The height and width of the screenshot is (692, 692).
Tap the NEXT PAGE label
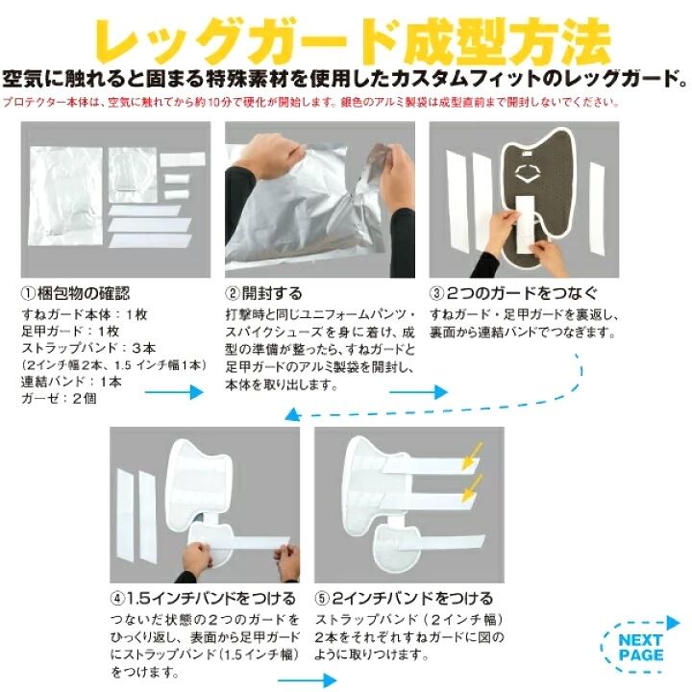[641, 648]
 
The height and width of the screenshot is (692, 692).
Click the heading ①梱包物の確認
[76, 293]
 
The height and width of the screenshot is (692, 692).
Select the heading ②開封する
[263, 293]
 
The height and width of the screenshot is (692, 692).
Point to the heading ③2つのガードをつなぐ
[513, 293]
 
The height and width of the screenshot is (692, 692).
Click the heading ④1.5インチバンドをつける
[203, 599]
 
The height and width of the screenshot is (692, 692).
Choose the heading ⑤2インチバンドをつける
[404, 599]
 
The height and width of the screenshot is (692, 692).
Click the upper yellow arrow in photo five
[472, 456]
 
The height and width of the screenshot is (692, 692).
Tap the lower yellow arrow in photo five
[472, 488]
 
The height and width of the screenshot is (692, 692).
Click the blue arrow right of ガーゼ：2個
[174, 391]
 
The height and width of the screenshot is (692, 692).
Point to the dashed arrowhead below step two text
[292, 415]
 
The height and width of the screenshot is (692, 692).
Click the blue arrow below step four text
[307, 680]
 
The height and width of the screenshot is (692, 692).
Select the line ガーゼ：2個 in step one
[60, 399]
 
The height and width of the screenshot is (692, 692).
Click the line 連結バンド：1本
[71, 382]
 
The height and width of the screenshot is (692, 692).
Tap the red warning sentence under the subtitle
[310, 103]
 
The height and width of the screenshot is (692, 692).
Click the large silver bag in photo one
[66, 196]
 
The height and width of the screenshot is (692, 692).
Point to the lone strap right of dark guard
[597, 208]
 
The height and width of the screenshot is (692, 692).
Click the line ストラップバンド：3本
[88, 348]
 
